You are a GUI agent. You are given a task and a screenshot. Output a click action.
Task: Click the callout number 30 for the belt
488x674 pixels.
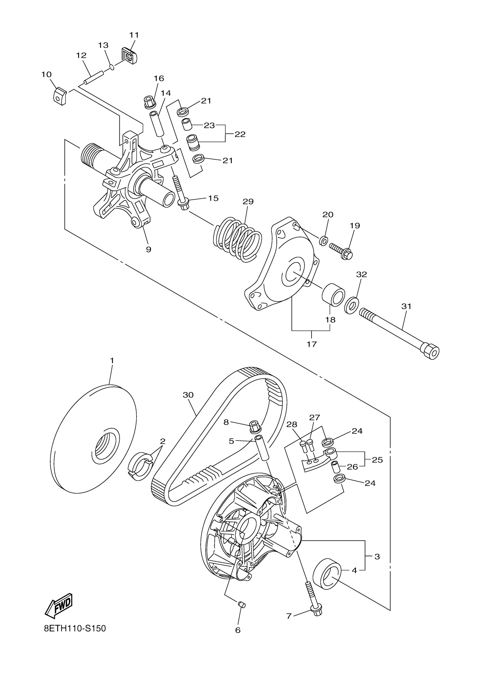coord(188,395)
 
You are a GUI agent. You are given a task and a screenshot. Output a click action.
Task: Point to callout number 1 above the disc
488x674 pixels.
coord(112,360)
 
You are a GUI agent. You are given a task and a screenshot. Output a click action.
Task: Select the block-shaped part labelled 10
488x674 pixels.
coord(60,95)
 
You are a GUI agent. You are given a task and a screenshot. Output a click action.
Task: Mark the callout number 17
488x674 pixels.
coord(311,344)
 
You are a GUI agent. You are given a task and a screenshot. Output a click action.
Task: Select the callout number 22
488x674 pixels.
coord(240,134)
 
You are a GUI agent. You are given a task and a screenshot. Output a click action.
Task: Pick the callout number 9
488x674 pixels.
coord(148,249)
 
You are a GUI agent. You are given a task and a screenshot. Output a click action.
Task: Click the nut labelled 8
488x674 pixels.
coord(255,427)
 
